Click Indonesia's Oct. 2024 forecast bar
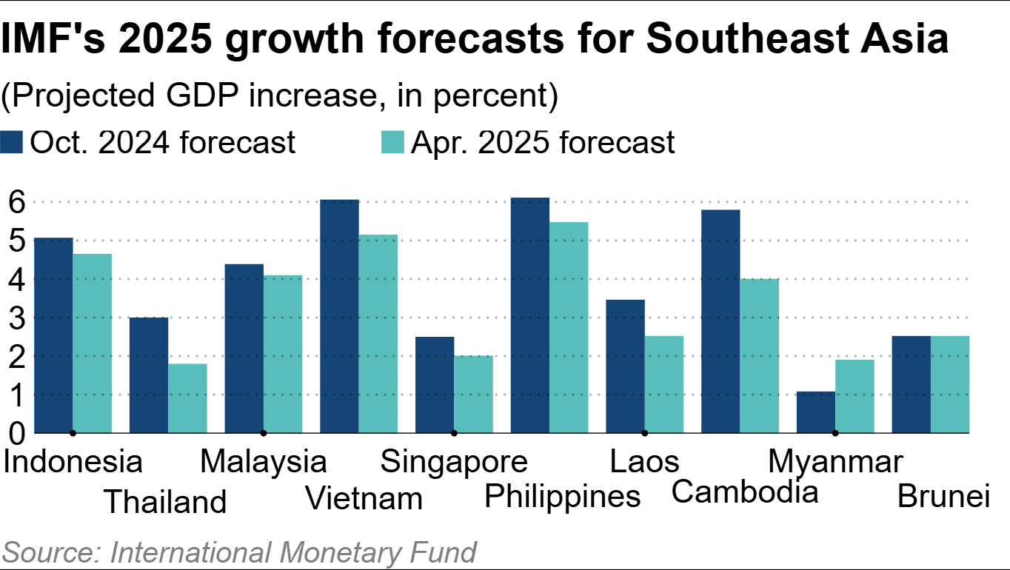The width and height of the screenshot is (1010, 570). (x=54, y=335)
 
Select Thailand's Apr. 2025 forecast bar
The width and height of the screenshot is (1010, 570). (x=187, y=398)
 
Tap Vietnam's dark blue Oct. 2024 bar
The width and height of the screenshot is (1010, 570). (x=340, y=316)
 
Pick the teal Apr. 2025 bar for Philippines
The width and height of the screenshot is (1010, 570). (x=569, y=327)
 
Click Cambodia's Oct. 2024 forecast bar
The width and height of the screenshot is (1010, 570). (x=720, y=321)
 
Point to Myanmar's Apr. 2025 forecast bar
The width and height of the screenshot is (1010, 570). (x=855, y=396)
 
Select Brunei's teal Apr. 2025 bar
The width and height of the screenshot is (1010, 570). (x=950, y=384)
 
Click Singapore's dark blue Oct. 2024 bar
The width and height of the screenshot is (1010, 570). (x=435, y=385)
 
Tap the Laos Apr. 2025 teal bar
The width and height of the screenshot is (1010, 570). (x=664, y=384)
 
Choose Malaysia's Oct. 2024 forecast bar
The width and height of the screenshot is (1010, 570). (x=244, y=348)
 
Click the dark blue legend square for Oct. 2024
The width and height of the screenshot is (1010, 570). (x=13, y=142)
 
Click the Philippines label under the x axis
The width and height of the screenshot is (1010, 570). (x=562, y=496)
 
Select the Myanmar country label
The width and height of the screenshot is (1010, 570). (x=835, y=461)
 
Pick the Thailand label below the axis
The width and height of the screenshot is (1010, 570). (x=164, y=501)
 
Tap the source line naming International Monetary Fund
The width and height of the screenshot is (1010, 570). (x=239, y=553)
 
